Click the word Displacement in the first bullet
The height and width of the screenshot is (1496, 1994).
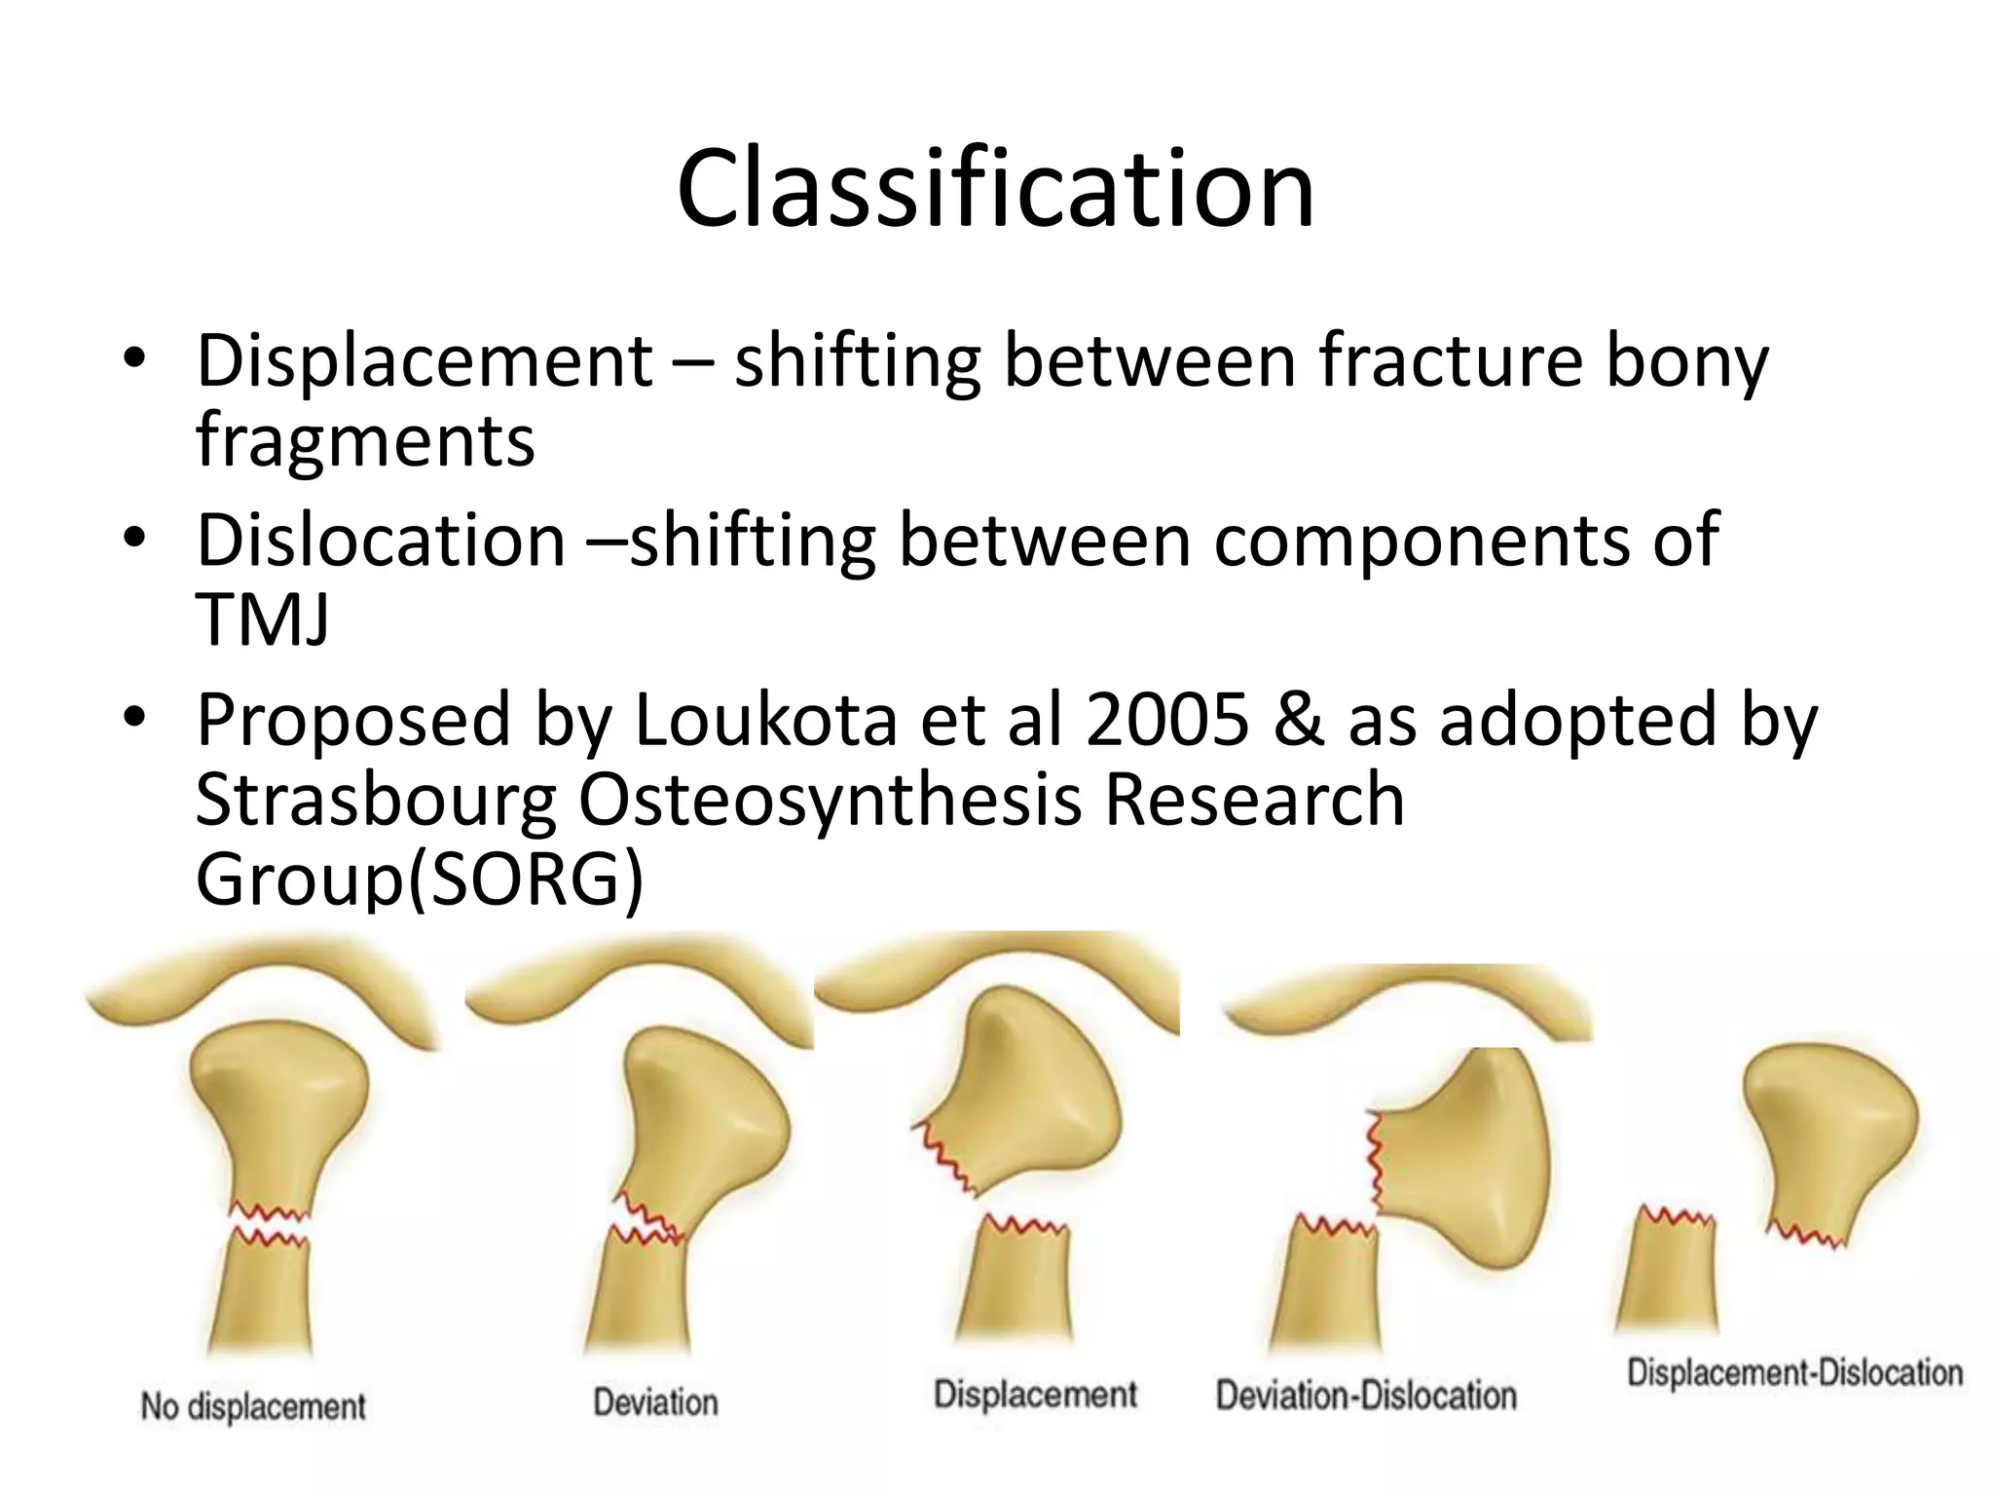(425, 361)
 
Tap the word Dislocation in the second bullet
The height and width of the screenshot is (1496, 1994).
(381, 541)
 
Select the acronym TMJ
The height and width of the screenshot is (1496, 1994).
(262, 619)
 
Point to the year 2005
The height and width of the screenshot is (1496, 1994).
(1166, 721)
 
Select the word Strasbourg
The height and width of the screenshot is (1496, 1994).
(376, 801)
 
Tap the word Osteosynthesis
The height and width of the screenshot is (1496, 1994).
(830, 801)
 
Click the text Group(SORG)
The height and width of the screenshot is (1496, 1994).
(420, 879)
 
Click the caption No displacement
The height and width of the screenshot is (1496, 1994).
(253, 1406)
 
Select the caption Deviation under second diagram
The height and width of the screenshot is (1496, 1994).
(655, 1402)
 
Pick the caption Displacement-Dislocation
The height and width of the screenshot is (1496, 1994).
(1794, 1372)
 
